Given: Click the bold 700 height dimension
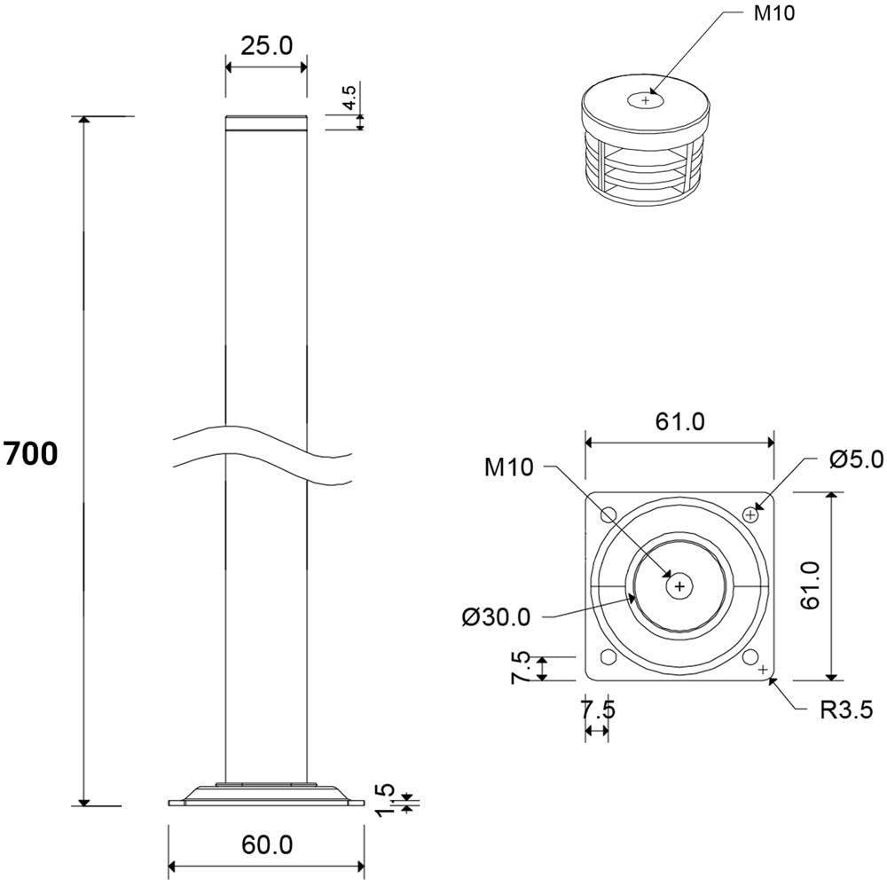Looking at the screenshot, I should [31, 453].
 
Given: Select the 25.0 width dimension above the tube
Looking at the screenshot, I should [266, 46].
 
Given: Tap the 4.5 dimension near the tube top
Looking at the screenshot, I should [350, 98].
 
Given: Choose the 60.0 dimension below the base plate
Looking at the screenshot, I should [266, 845].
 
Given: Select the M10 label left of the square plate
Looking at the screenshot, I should [509, 467].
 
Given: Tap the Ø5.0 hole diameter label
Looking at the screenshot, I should [857, 459].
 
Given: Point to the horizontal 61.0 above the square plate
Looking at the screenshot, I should [680, 422].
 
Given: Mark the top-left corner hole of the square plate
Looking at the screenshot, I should [608, 514].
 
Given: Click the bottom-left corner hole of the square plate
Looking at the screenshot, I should [608, 656].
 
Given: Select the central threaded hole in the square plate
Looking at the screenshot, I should [679, 585].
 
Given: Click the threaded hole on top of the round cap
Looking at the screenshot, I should [645, 101].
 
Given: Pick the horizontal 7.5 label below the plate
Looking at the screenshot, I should [596, 710].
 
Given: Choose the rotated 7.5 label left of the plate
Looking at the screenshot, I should [521, 667].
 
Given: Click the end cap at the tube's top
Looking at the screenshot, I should [266, 123].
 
